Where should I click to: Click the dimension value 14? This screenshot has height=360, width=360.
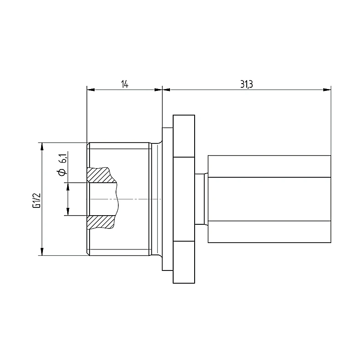pos(125,84)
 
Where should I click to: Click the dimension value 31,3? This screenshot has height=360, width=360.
pos(247,84)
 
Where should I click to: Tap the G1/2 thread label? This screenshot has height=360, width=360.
pos(37,200)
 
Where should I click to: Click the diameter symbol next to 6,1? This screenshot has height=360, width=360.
pos(62,172)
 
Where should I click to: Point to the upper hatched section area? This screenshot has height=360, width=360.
pos(101,175)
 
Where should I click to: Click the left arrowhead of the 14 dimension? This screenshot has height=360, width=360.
pos(90,90)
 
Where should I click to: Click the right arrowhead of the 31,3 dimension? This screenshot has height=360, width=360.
pos(327,90)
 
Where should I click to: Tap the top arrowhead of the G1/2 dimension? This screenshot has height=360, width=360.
pos(42,147)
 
